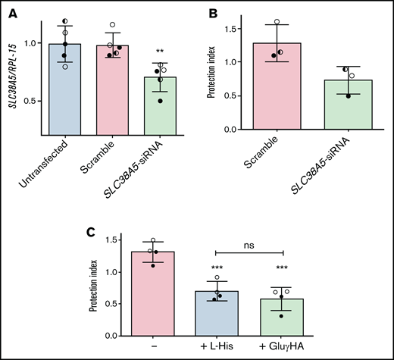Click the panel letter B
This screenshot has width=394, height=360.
[214, 12]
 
